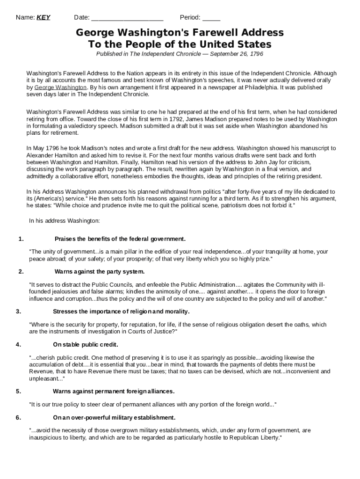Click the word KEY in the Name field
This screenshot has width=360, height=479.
click(x=43, y=18)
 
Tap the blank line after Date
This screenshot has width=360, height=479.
click(x=127, y=18)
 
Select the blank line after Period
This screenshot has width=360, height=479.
click(x=211, y=18)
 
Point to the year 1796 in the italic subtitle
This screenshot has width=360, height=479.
click(x=256, y=54)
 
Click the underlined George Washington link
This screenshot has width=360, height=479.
click(x=60, y=87)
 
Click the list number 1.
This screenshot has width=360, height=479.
click(x=21, y=239)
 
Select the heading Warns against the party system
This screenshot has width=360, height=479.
click(x=100, y=271)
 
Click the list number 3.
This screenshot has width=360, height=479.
click(x=18, y=312)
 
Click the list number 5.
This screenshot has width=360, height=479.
click(x=18, y=391)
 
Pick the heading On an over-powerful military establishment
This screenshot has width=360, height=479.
click(x=114, y=417)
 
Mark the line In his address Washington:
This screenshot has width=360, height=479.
click(x=64, y=220)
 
